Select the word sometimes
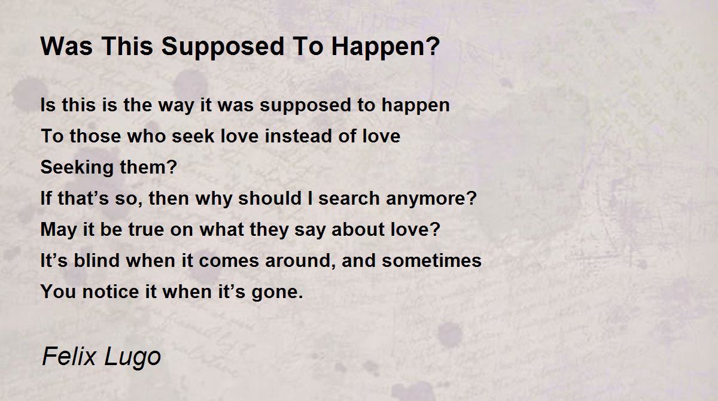[x=432, y=261]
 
